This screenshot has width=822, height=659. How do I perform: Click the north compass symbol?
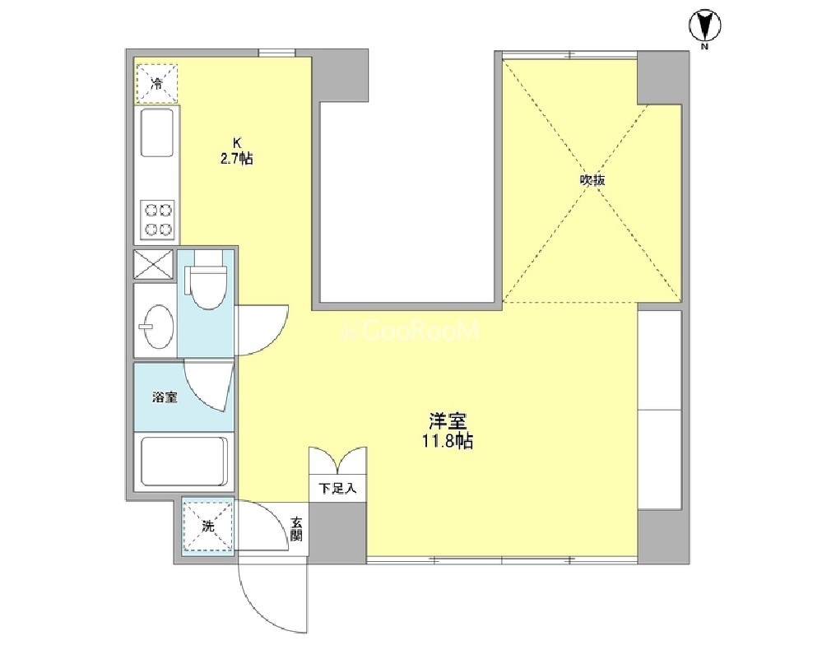(x=704, y=26)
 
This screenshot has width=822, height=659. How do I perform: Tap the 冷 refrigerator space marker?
(x=156, y=83)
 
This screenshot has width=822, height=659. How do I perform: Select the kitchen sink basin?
(x=156, y=132)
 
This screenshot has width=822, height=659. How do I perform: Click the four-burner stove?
(x=158, y=220)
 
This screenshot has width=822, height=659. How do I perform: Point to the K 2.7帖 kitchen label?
(x=236, y=151)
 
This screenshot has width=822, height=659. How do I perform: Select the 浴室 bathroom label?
(x=165, y=397)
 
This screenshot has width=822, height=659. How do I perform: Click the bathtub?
(x=184, y=462)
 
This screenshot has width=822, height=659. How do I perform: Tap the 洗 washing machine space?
(x=208, y=527)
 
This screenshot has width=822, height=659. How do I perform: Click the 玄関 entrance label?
(x=297, y=530)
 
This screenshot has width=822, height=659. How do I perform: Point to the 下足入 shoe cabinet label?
(x=338, y=489)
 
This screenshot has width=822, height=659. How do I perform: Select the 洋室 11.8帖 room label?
(x=448, y=431)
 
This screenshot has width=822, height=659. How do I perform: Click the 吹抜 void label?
(x=592, y=180)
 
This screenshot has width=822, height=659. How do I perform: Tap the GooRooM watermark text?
(x=410, y=331)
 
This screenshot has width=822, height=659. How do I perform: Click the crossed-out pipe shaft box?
(x=154, y=264)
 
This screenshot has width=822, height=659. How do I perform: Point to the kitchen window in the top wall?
(x=276, y=53)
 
